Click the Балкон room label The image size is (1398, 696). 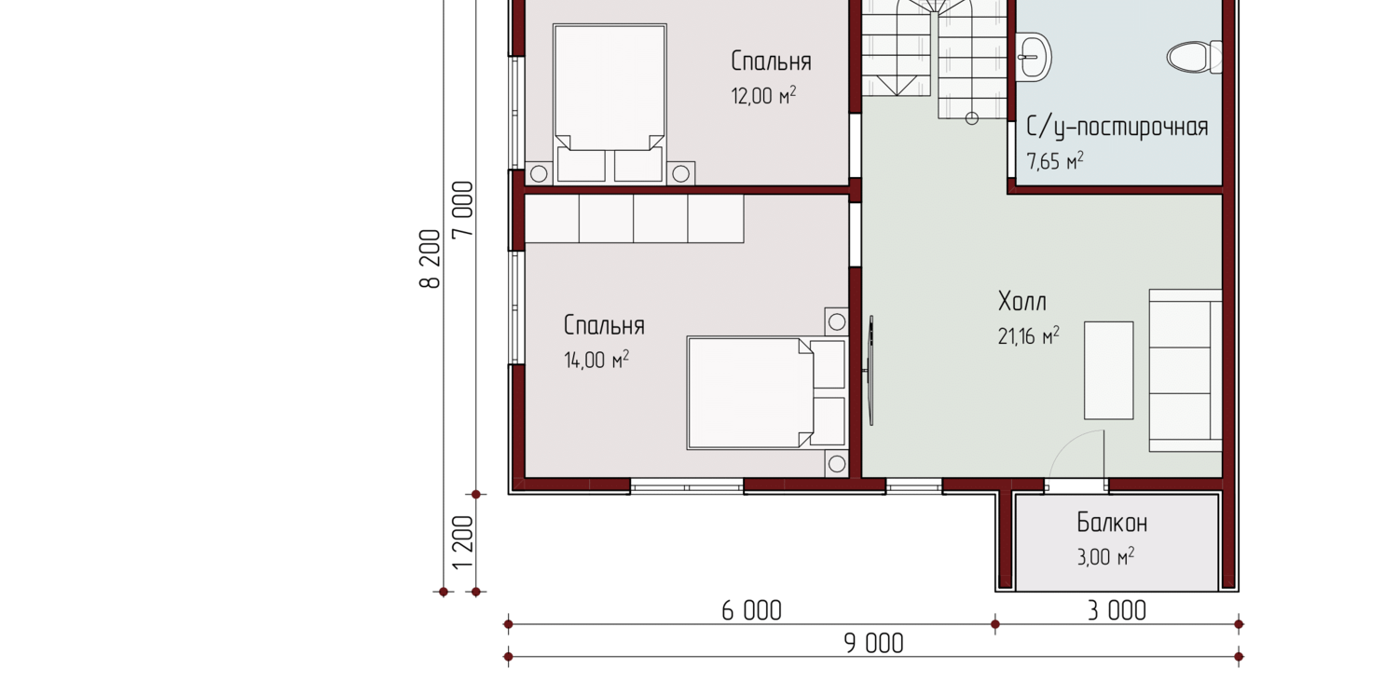(x=1112, y=523)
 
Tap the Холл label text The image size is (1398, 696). (x=1022, y=302)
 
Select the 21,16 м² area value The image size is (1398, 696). (x=1029, y=335)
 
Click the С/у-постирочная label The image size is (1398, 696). (x=1117, y=128)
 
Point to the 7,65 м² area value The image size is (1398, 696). (x=1055, y=161)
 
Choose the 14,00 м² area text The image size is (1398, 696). (x=596, y=360)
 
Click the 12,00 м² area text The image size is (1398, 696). (x=763, y=95)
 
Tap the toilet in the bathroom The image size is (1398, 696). (x=1194, y=58)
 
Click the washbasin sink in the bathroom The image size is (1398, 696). (x=1034, y=57)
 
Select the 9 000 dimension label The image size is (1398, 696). (x=874, y=643)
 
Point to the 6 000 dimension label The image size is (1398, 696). (x=751, y=610)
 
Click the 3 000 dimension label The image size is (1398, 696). (x=1117, y=610)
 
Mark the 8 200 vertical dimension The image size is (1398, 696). (x=430, y=259)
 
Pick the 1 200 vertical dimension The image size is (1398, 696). (x=462, y=542)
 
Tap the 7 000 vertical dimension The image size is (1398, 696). (x=462, y=210)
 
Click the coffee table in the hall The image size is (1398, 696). (x=1108, y=371)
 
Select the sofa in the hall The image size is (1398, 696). (x=1186, y=371)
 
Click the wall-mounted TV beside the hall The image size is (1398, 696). (x=870, y=371)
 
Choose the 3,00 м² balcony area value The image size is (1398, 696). (x=1105, y=556)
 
